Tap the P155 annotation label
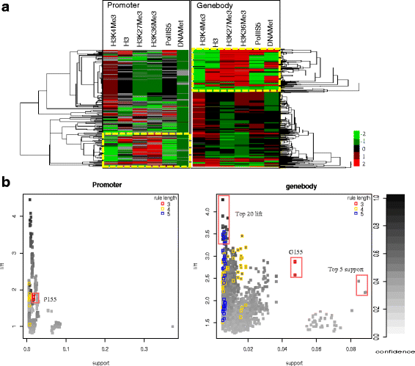coord(51,299)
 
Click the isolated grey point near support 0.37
coord(172,326)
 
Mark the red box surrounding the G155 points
coord(295,268)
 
